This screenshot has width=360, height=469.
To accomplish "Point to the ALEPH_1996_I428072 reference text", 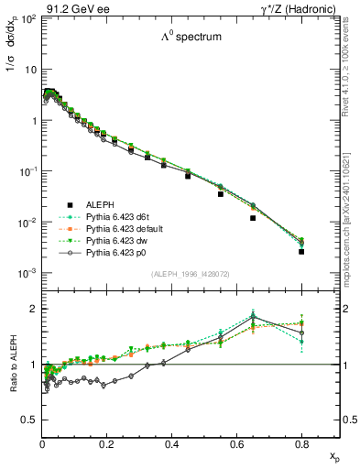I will tap(190, 275).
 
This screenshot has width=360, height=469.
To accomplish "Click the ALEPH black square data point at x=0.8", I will tap(301, 251).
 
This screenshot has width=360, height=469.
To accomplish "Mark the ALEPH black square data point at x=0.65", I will tap(252, 218).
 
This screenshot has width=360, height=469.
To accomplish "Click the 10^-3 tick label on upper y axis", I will tap(27, 274).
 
